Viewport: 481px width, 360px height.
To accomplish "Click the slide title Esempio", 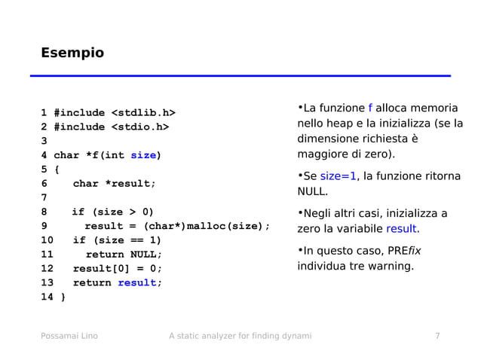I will tap(72, 53).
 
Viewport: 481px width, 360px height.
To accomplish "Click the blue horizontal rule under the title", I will tap(240, 76).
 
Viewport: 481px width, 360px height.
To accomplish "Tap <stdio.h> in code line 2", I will tap(141, 127).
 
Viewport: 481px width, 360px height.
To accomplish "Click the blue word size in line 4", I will tap(143, 156).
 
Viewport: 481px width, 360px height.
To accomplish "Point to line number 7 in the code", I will tap(44, 198).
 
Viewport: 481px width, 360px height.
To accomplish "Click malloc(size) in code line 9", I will tap(225, 226).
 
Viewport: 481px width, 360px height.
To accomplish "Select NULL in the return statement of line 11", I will tap(146, 255).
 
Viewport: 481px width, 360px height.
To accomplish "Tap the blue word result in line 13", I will tap(136, 283).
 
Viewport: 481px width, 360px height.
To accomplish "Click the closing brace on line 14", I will tap(63, 297).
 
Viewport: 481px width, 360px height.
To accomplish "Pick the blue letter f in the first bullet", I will tap(370, 108).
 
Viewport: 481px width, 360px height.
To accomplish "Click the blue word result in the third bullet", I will tap(401, 229).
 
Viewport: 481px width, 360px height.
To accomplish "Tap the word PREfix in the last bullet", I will tap(405, 251).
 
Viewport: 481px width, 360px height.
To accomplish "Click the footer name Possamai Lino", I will tap(69, 336).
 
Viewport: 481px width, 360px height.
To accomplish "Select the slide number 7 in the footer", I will tap(437, 336).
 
